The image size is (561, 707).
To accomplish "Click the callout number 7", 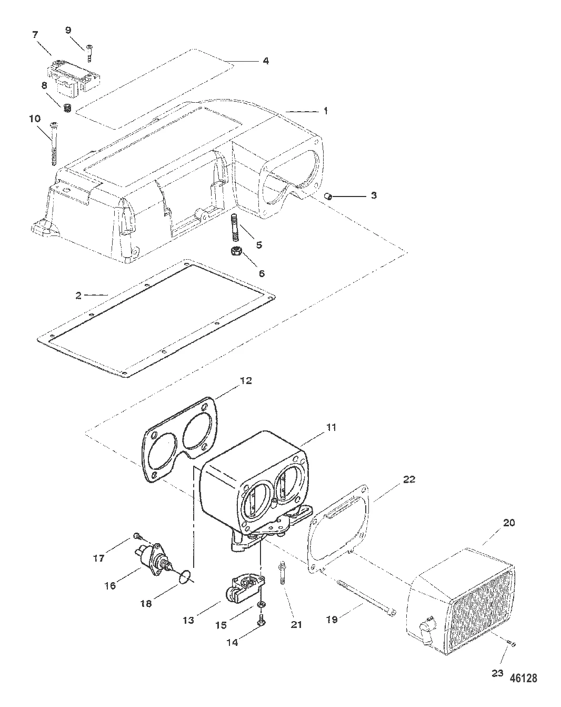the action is point(35,34).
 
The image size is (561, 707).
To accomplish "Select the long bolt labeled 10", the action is point(54,144).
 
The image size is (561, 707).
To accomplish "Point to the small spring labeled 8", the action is point(67,108).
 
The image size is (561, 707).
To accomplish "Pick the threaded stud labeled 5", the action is point(234,228).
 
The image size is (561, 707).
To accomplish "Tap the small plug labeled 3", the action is point(328,197).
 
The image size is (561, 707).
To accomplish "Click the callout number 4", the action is point(266,61).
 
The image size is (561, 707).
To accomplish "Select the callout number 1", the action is point(326,111).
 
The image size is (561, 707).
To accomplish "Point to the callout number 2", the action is point(78,296).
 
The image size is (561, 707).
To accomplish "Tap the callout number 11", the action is point(331,427).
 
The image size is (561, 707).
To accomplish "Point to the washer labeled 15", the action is point(262,604).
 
